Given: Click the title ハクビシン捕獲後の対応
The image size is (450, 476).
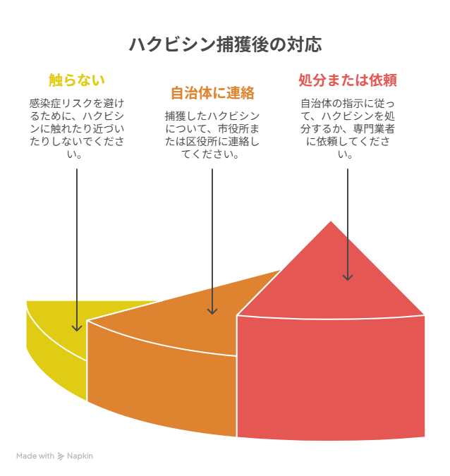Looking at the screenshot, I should (x=225, y=44).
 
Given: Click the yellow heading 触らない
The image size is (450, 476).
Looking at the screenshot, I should (x=76, y=79).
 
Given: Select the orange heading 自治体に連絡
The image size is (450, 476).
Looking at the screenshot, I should (x=212, y=93).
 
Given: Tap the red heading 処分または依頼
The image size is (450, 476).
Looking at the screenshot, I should (x=348, y=79).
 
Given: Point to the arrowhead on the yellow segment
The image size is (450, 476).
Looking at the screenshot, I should (x=76, y=327).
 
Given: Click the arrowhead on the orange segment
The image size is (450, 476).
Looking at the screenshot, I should (x=212, y=310).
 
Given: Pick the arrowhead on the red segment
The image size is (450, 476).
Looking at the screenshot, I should (x=347, y=276).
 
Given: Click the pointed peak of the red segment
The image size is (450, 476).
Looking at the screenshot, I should (x=331, y=224).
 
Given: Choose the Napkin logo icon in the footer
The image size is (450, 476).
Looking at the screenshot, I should (x=61, y=456).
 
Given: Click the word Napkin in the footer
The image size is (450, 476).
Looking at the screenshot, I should (x=80, y=456).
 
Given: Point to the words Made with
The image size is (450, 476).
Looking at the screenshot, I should (x=35, y=456).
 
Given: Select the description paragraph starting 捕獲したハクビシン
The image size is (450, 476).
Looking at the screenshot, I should (x=212, y=135).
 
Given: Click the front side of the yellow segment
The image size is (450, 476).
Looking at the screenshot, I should (x=56, y=360).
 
